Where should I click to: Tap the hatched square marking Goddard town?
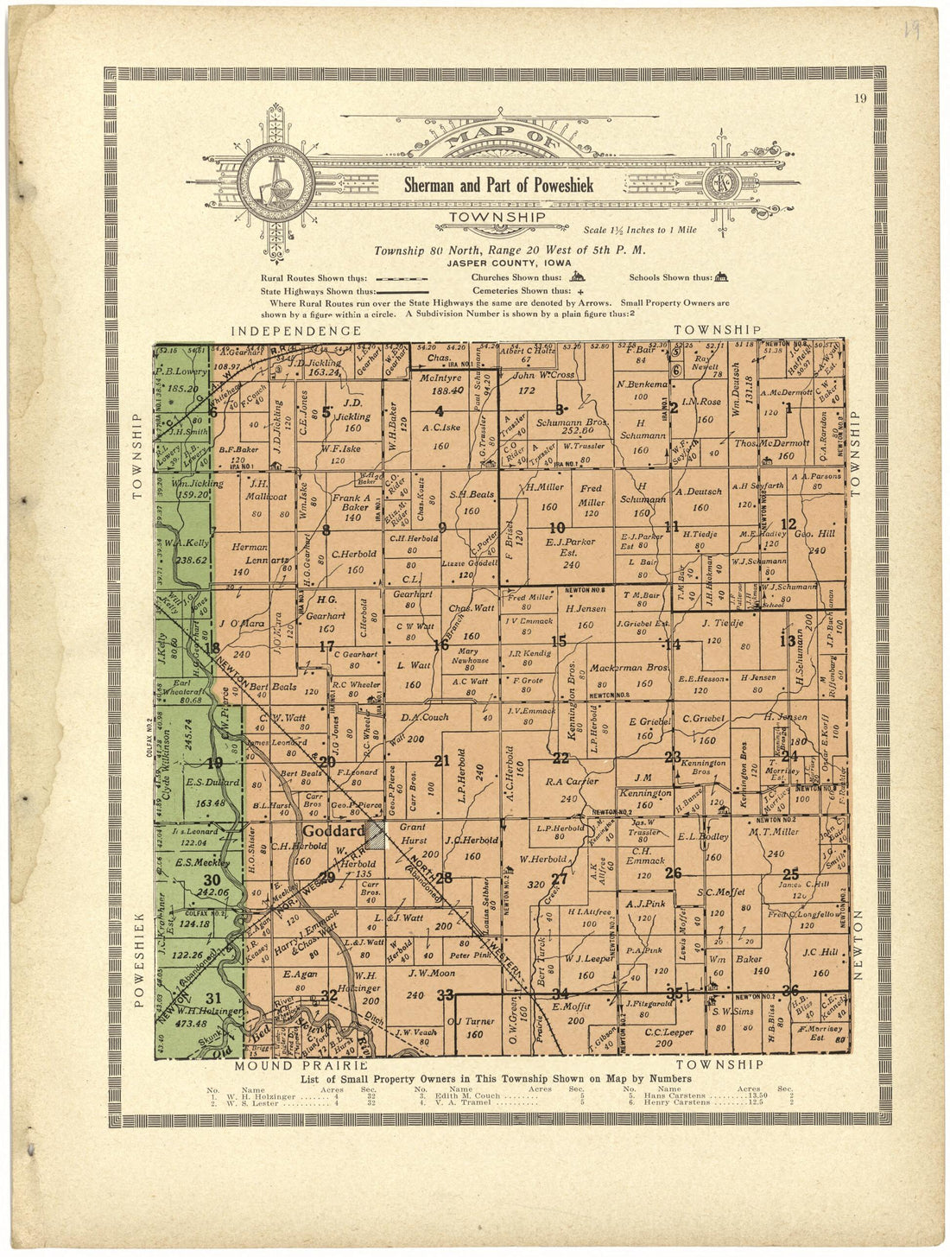tap(376, 834)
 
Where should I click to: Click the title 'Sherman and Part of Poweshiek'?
tap(499, 185)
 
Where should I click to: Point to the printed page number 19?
tap(858, 98)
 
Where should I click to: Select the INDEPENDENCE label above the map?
tap(294, 331)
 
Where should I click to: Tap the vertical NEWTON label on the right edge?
tap(859, 943)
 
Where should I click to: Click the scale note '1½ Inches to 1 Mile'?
tap(639, 231)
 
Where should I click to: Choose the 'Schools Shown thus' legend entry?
tap(670, 278)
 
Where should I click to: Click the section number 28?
tap(444, 879)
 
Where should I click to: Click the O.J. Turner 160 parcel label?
tap(474, 1027)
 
